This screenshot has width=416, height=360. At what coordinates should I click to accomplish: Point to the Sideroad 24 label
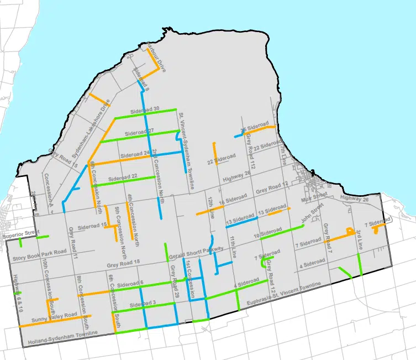tap(135, 154)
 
